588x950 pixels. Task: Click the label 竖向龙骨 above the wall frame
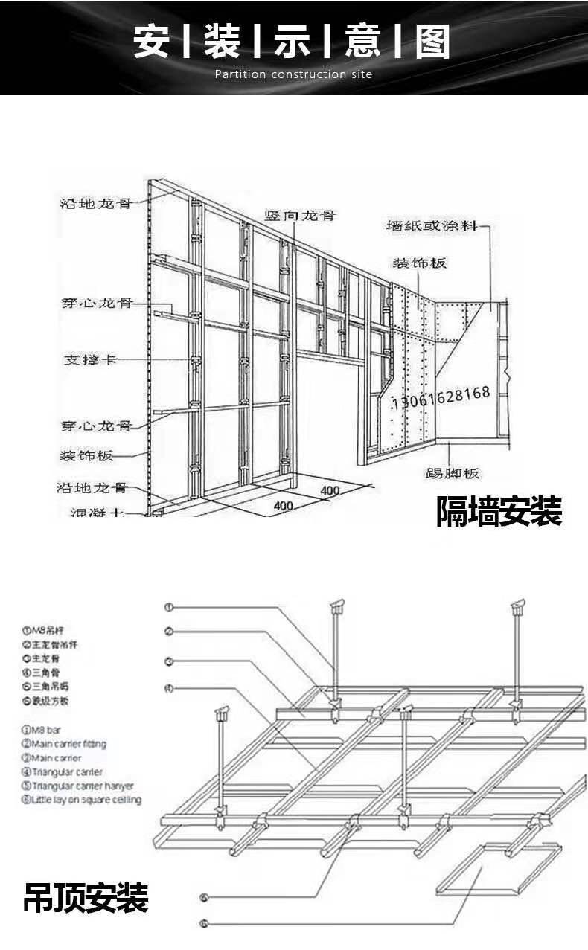point(301,216)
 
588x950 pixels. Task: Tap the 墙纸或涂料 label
point(432,225)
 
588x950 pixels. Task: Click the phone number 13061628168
point(442,394)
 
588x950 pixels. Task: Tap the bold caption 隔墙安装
point(499,511)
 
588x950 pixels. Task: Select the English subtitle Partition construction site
point(293,74)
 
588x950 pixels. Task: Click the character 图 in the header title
point(432,41)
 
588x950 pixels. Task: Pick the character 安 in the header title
point(152,41)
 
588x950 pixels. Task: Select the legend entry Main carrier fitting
point(64,744)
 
